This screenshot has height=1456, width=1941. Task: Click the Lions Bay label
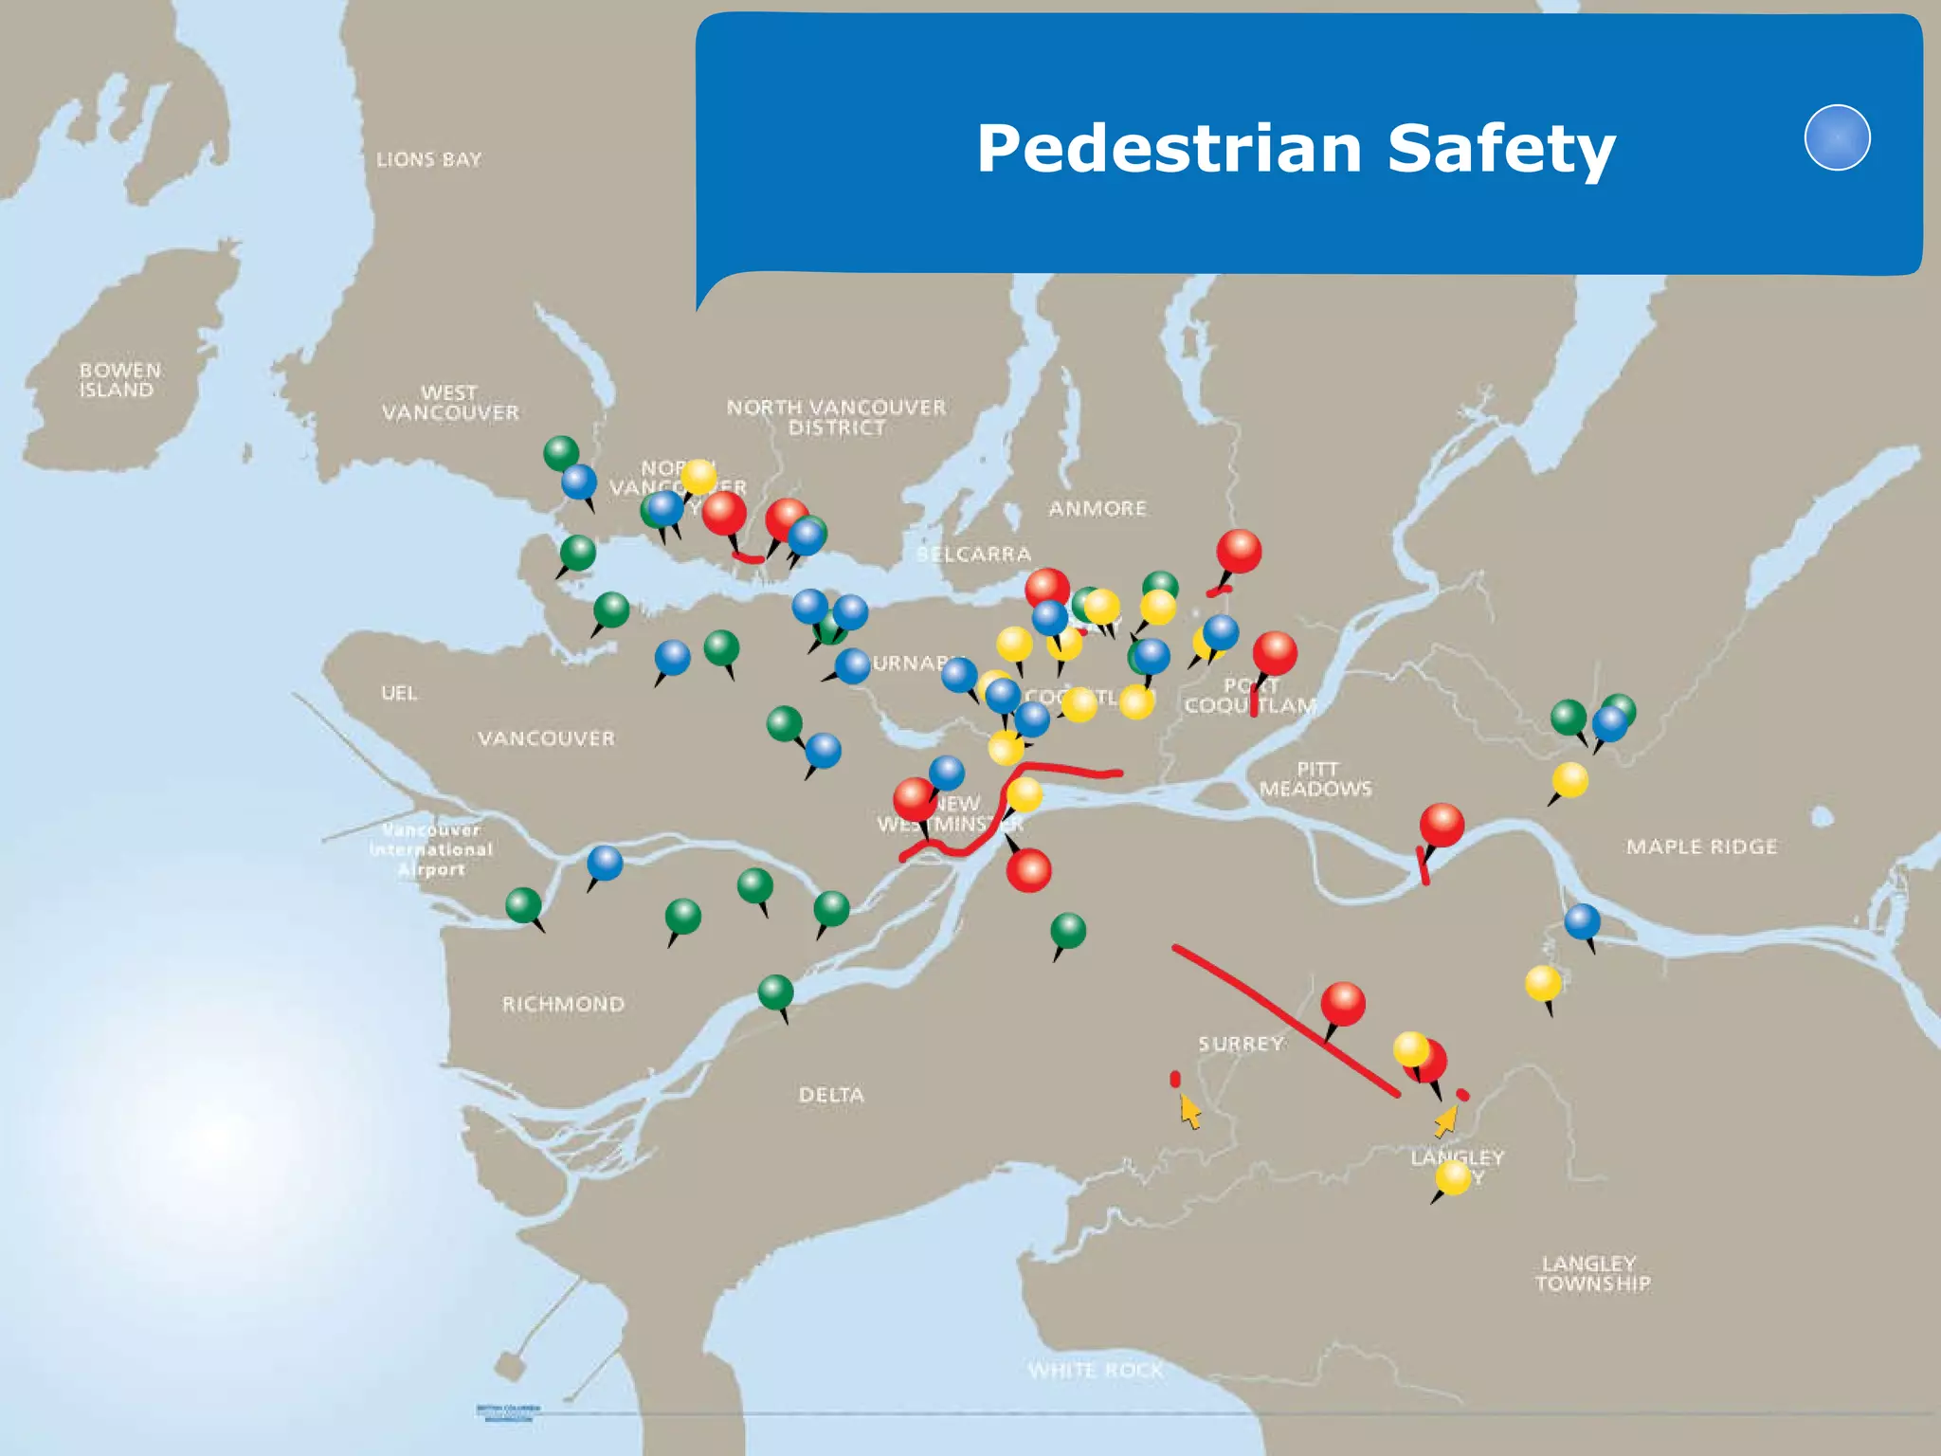tap(428, 159)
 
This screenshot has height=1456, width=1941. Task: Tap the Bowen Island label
tap(118, 380)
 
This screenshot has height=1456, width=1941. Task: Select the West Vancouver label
tap(450, 403)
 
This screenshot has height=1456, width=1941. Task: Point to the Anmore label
tap(1097, 509)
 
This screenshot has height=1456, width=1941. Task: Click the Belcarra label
tap(973, 555)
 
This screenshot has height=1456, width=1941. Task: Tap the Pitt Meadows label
tap(1315, 778)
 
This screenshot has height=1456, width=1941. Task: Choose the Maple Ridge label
tap(1701, 846)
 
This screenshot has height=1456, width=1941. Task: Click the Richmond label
tap(563, 1004)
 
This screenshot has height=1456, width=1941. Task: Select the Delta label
tap(831, 1095)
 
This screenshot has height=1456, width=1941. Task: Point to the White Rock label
tap(1095, 1370)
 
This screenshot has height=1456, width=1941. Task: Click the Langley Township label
tap(1592, 1273)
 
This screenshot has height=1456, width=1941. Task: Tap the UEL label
tap(398, 693)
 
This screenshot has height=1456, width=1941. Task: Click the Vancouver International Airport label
tap(431, 850)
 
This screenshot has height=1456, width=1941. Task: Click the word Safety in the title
tap(1501, 149)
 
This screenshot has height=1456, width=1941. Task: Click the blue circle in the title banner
tap(1837, 137)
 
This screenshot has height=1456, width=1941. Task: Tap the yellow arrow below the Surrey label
tap(1189, 1111)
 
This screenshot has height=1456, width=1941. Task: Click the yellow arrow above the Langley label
tap(1446, 1120)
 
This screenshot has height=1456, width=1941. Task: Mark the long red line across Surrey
tap(1284, 1020)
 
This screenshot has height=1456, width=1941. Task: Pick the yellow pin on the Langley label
tap(1452, 1178)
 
